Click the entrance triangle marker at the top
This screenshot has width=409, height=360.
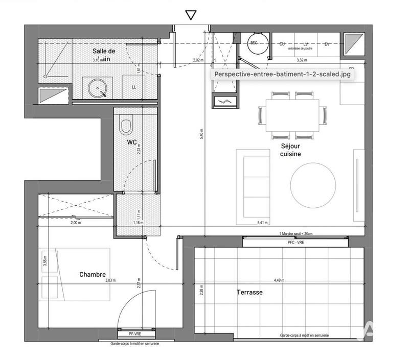coord(191,15)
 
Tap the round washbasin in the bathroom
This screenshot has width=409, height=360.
coord(97,87)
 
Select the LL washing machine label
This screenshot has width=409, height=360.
coord(133,87)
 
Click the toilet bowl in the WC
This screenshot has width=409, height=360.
coord(126,124)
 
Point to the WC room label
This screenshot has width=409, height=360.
coord(132,142)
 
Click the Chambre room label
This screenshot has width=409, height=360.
coord(93,275)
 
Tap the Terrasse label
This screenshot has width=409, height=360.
coord(249,292)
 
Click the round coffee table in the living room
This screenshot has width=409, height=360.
coord(313,183)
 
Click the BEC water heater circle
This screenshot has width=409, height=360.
coord(255,44)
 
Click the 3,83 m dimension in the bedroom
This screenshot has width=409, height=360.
coord(110,280)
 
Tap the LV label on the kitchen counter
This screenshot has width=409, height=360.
coord(306,44)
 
